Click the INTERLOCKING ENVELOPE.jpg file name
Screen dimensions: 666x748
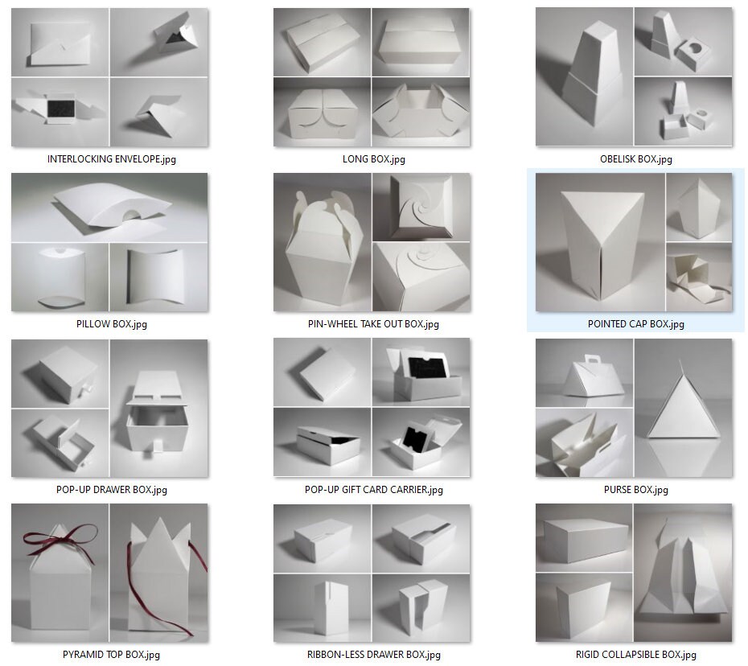(111, 159)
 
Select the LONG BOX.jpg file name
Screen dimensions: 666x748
(373, 159)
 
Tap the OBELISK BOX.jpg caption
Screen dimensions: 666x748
(635, 159)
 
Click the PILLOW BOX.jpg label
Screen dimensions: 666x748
(111, 324)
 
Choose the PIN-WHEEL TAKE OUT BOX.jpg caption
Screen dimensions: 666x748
(373, 324)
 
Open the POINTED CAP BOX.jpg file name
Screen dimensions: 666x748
(635, 324)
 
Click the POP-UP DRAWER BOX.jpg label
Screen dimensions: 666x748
(111, 490)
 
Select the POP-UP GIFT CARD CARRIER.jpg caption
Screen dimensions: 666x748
(373, 490)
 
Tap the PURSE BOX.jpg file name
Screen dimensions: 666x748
(635, 490)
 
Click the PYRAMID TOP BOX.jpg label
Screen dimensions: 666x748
(111, 655)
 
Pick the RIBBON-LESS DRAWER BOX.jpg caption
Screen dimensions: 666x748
(373, 655)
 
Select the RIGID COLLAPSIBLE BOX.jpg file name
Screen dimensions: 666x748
(635, 655)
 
